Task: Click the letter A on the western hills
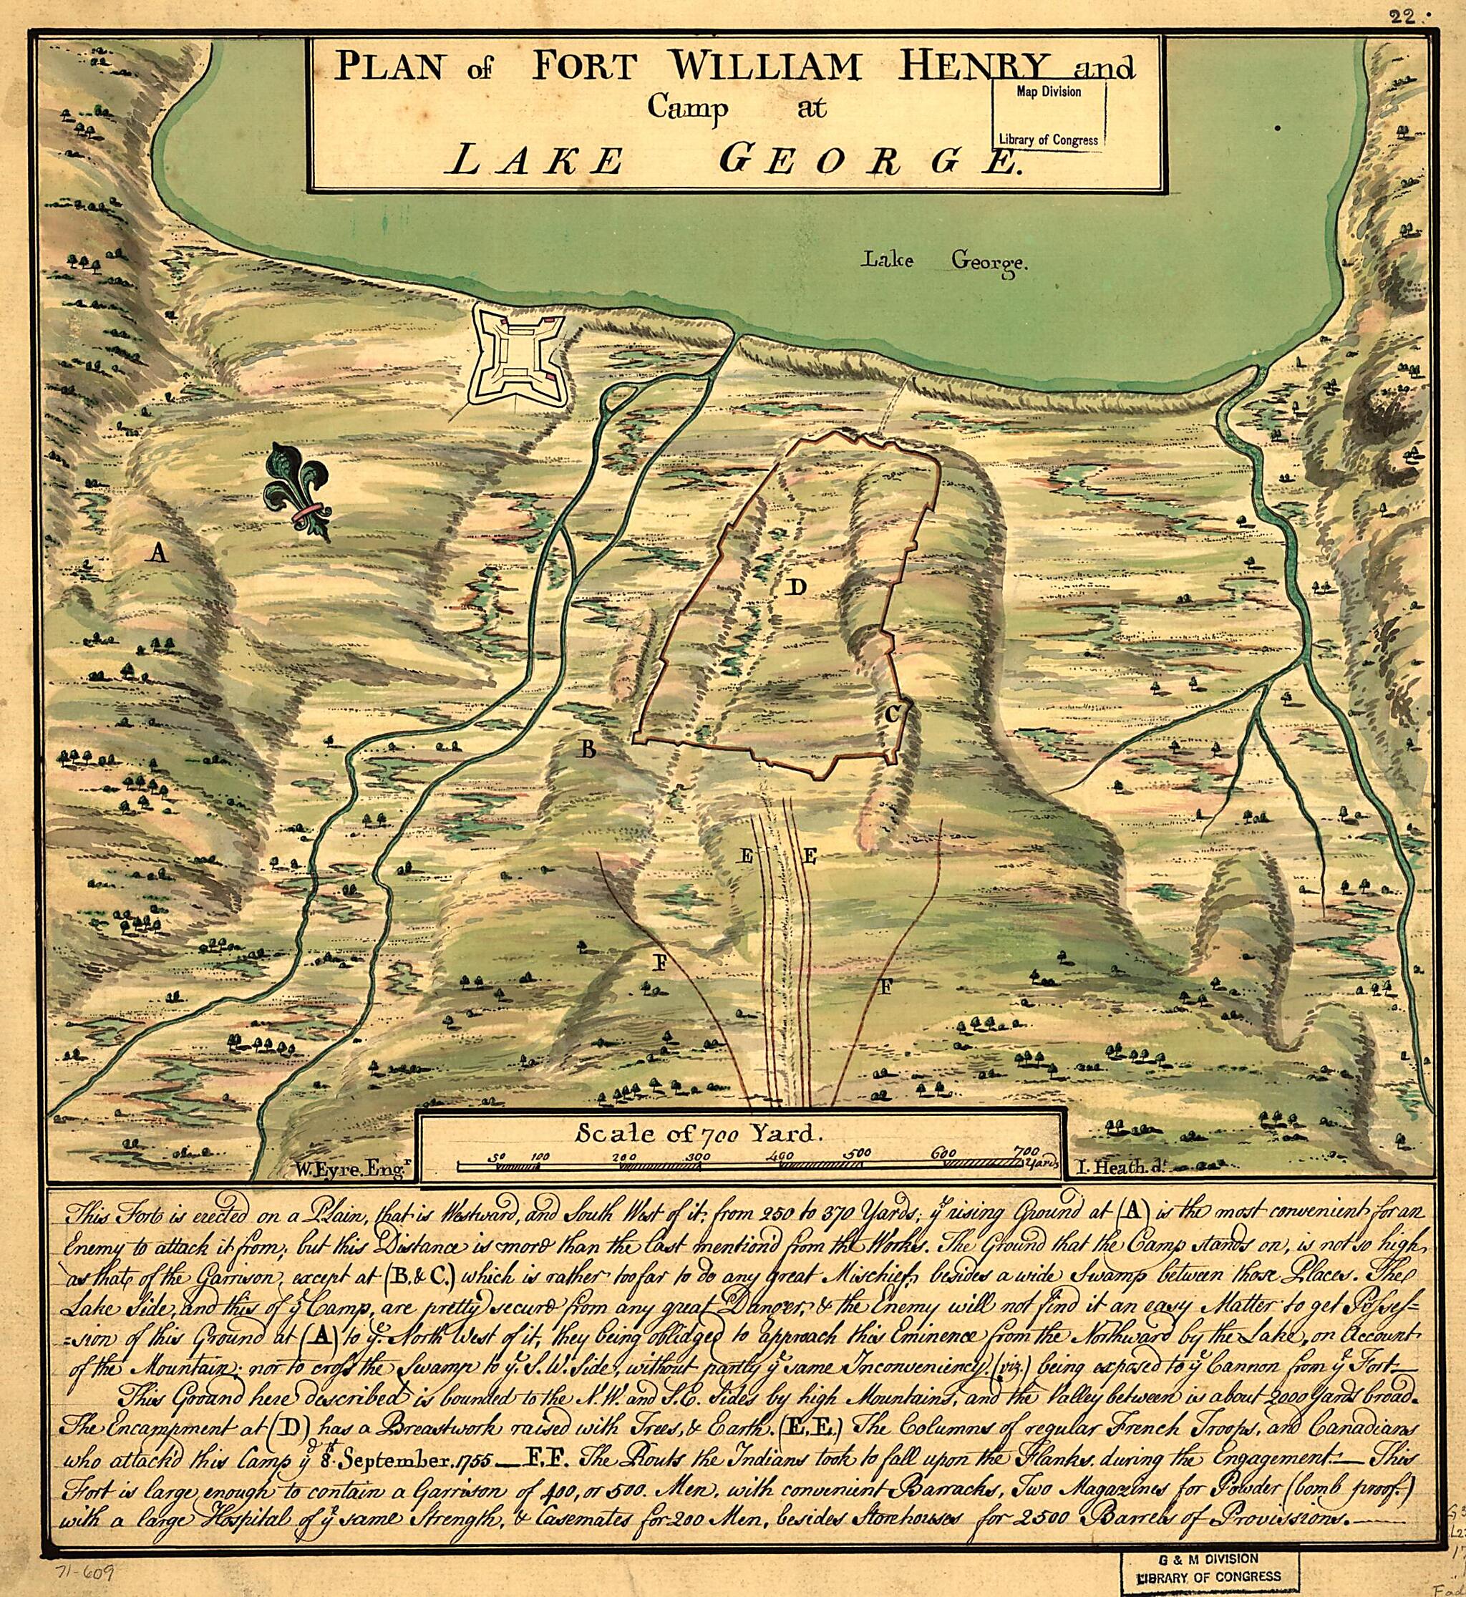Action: pos(159,553)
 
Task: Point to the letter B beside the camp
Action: pos(587,749)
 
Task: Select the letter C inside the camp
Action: pos(892,714)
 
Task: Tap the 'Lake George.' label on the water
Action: pos(944,262)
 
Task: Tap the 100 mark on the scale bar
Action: pos(540,1156)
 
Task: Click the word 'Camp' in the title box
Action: pos(687,107)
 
